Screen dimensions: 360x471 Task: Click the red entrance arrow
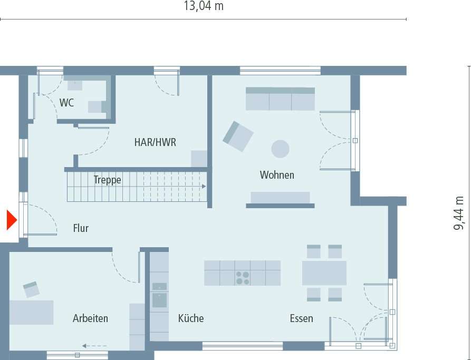(x=11, y=220)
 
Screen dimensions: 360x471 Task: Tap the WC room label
(x=66, y=103)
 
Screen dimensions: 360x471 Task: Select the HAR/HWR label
(x=155, y=142)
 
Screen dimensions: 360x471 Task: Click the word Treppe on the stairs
(x=107, y=180)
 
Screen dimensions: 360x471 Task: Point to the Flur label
(x=81, y=229)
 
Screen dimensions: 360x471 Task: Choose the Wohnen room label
(x=277, y=175)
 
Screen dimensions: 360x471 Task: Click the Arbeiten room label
(x=90, y=318)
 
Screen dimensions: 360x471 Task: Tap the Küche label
(x=190, y=318)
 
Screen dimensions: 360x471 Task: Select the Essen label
(x=301, y=318)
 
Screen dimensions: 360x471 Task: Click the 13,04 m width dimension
(x=203, y=6)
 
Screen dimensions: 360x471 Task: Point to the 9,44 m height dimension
(x=459, y=213)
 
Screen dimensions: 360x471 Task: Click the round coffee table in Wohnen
(x=280, y=149)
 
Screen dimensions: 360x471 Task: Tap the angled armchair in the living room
(x=238, y=136)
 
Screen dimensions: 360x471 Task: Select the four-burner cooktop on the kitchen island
(x=243, y=278)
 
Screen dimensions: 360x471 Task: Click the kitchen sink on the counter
(x=159, y=300)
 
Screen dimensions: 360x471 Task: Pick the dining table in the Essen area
(x=324, y=273)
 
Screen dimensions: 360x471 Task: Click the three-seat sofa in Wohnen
(x=280, y=99)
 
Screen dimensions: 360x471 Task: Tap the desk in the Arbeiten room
(x=32, y=312)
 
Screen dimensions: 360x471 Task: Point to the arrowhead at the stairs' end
(x=203, y=187)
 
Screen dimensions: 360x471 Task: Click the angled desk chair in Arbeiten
(x=31, y=289)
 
